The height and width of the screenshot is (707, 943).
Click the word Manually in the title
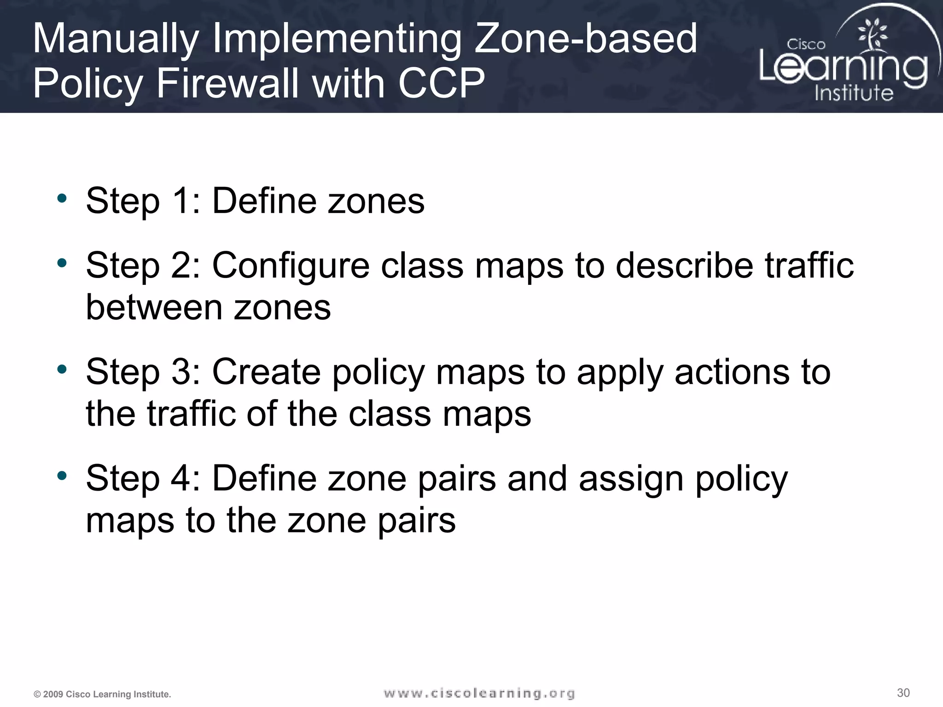(116, 40)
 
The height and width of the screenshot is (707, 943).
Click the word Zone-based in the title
(585, 39)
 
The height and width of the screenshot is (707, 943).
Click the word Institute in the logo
(854, 93)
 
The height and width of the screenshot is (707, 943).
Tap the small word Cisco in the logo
(806, 45)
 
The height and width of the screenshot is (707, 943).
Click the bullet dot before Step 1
(62, 199)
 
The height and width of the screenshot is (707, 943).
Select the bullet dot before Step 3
(62, 369)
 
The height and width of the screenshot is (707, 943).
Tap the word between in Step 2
(154, 307)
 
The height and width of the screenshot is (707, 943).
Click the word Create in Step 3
(266, 372)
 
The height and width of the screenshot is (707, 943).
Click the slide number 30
(903, 693)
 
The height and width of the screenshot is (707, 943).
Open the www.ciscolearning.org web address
(479, 693)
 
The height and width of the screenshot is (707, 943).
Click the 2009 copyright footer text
(102, 695)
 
